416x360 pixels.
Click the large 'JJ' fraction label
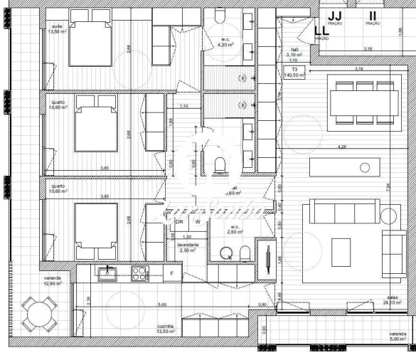(336, 16)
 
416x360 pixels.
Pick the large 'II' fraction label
(373, 16)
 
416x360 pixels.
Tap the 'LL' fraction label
(321, 31)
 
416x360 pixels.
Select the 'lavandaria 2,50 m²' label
(188, 246)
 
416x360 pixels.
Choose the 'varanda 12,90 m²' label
(50, 281)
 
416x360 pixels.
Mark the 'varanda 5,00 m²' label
(398, 337)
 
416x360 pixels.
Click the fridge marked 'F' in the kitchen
(171, 273)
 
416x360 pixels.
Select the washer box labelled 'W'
(198, 221)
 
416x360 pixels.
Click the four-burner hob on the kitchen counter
(138, 272)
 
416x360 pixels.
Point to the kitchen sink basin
(109, 273)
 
